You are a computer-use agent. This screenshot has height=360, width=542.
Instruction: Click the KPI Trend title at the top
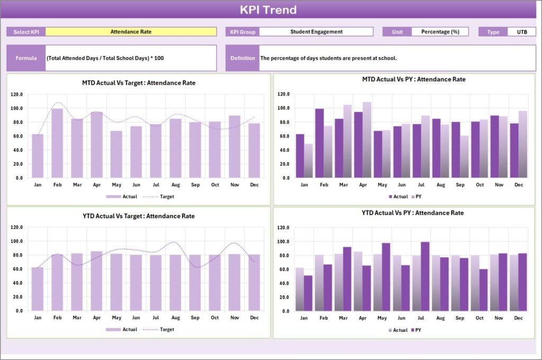[x=268, y=10]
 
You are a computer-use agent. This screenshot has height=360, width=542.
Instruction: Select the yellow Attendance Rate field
[x=131, y=32]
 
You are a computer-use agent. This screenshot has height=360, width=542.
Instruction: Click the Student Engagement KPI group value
[x=316, y=32]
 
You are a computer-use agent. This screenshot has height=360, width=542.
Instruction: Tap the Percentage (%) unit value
[x=440, y=32]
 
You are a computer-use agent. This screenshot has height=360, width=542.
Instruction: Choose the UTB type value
[x=521, y=32]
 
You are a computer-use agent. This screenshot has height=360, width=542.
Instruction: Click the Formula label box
[x=26, y=58]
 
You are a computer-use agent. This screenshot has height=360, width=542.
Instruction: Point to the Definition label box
[x=242, y=58]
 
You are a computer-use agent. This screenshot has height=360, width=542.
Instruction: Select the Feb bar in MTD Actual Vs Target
[x=57, y=143]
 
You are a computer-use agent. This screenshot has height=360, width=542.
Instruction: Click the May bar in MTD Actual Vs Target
[x=116, y=154]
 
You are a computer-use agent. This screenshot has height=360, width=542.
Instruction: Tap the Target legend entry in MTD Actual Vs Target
[x=166, y=196]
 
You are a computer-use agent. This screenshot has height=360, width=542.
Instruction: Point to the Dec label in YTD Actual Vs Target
[x=254, y=318]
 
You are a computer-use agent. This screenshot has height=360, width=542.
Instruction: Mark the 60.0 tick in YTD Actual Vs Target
[x=16, y=269]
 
